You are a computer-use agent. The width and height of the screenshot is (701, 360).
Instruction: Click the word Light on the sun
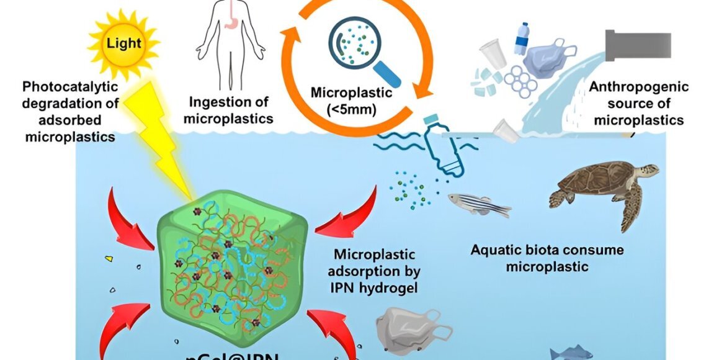tap(123, 44)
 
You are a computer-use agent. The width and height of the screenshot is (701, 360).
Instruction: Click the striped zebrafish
tap(478, 204)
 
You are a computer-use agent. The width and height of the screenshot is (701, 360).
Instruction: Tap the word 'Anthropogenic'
tap(638, 87)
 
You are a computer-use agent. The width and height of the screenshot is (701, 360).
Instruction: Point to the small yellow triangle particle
tap(109, 257)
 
